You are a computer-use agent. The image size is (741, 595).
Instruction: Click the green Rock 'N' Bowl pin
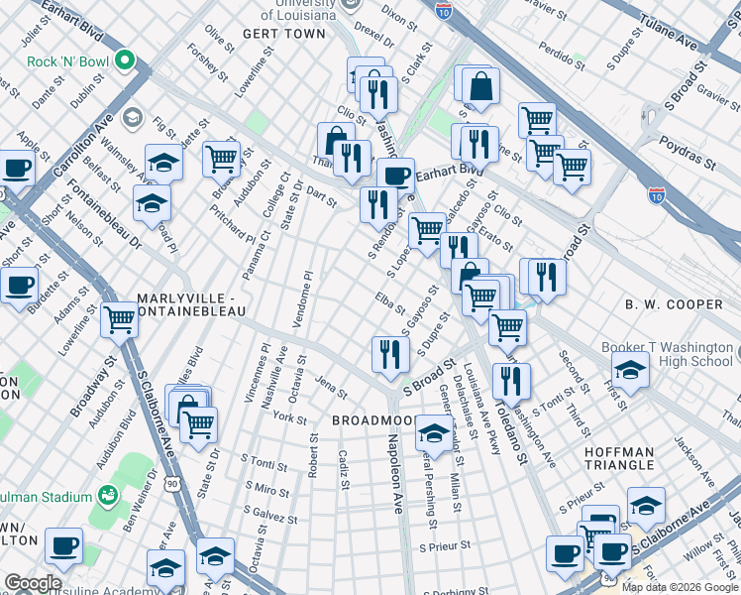pos(125,61)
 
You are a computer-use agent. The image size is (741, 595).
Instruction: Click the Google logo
pos(33,583)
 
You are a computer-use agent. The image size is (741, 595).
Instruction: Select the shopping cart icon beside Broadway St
pos(119,319)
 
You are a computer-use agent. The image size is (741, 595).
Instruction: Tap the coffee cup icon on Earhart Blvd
pos(395,176)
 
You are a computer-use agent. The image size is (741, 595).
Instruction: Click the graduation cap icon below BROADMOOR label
pos(433,433)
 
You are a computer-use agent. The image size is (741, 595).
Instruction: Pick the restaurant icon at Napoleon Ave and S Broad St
pos(390,354)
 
